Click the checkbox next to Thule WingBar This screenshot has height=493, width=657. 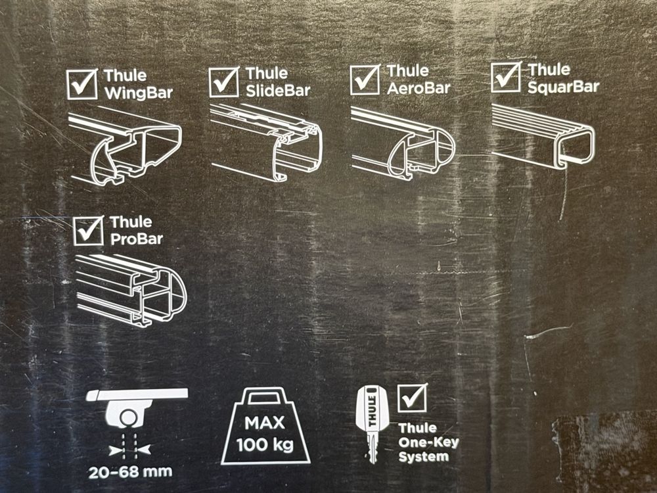pyautogui.click(x=82, y=84)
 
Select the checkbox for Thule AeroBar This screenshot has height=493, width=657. pyautogui.click(x=365, y=80)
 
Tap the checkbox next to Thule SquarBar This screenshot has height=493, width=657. pyautogui.click(x=506, y=77)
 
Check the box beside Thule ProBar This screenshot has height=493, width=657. pyautogui.click(x=89, y=230)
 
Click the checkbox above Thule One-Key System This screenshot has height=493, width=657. pyautogui.click(x=413, y=397)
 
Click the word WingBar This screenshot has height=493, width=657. pyautogui.click(x=138, y=93)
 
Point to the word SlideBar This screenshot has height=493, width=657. pyautogui.click(x=278, y=91)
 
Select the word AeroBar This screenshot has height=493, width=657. pyautogui.click(x=418, y=88)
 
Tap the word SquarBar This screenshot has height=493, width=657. pyautogui.click(x=563, y=87)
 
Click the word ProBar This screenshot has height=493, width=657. pyautogui.click(x=136, y=239)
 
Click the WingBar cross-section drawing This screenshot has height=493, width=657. pyautogui.click(x=125, y=145)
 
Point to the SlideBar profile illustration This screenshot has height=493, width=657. pyautogui.click(x=266, y=143)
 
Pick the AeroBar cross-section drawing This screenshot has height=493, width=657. pyautogui.click(x=403, y=143)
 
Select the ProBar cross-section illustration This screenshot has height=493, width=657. pyautogui.click(x=131, y=290)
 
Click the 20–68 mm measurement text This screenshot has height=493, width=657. pyautogui.click(x=130, y=472)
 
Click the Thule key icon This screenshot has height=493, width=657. pyautogui.click(x=372, y=424)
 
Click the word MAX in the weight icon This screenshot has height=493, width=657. pyautogui.click(x=265, y=423)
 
